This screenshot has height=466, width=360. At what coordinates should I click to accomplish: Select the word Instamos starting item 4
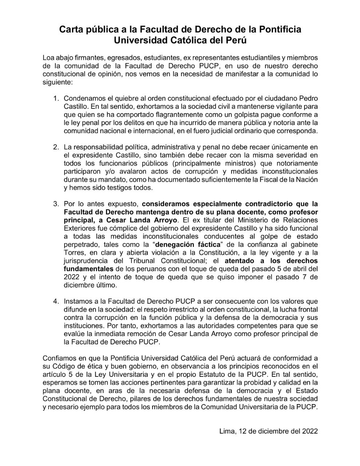point(78,301)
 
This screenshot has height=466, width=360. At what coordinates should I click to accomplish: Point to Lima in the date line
point(227,431)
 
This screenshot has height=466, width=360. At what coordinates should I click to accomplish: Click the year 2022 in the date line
point(310,431)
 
